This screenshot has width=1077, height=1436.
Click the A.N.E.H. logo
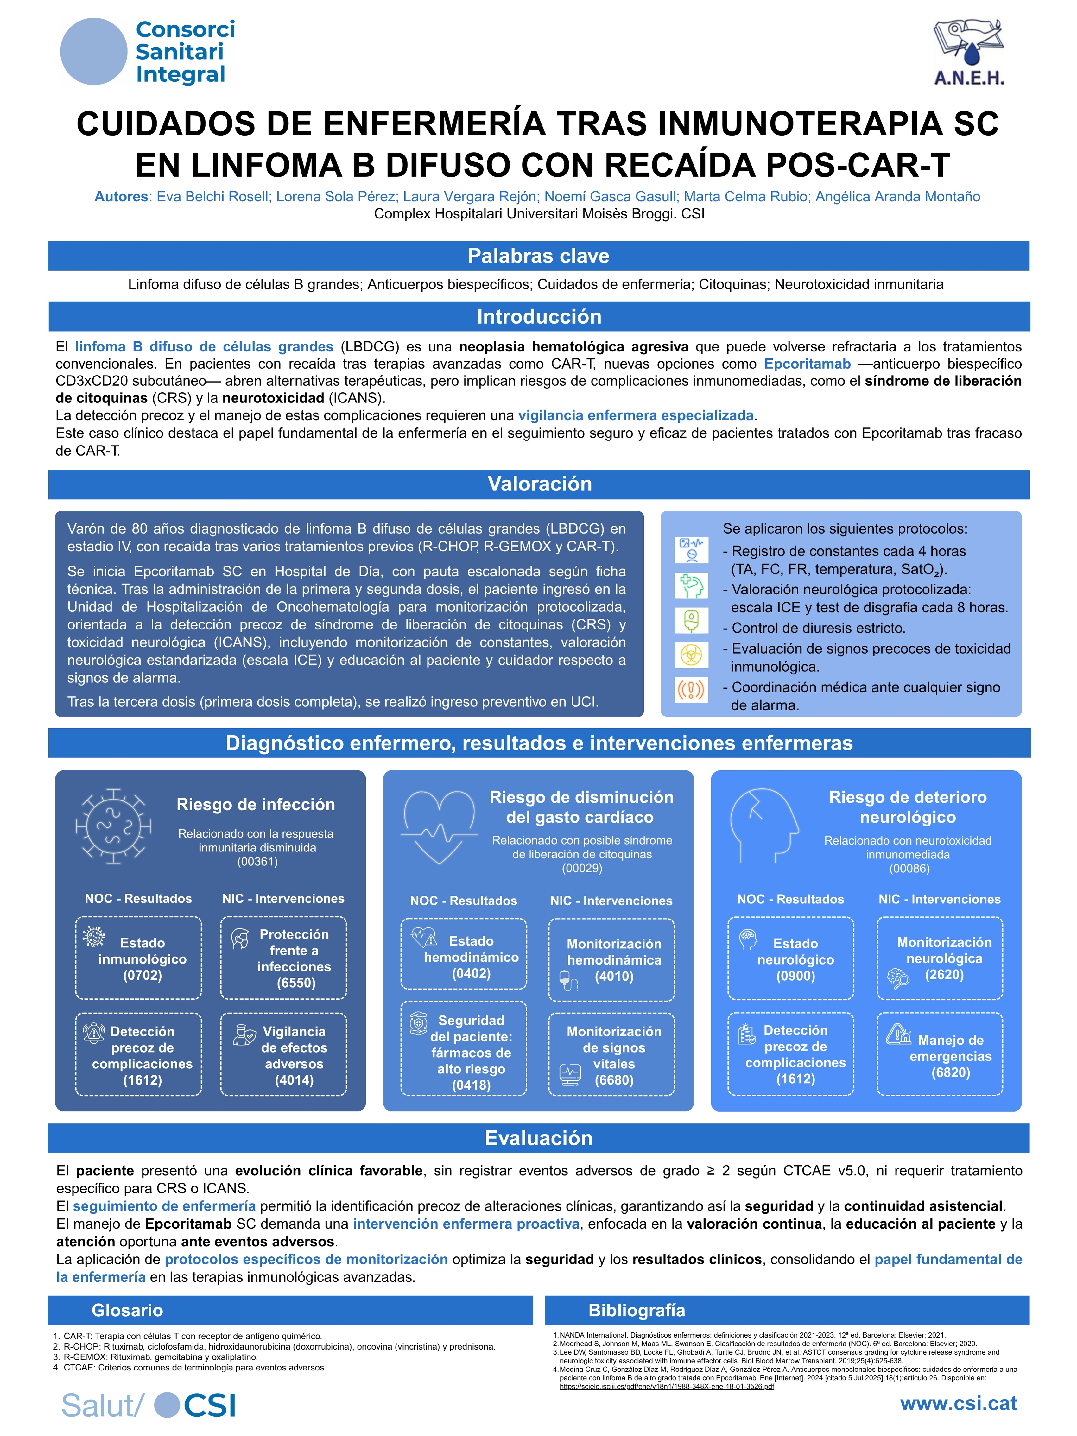[x=969, y=52]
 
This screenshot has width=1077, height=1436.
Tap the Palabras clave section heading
[x=538, y=256]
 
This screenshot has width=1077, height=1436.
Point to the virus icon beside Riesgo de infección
[x=114, y=826]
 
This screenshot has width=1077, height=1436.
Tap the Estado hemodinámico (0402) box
[x=464, y=958]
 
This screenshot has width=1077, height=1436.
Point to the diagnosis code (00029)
[x=582, y=868]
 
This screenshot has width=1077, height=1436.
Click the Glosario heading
[x=127, y=1310]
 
